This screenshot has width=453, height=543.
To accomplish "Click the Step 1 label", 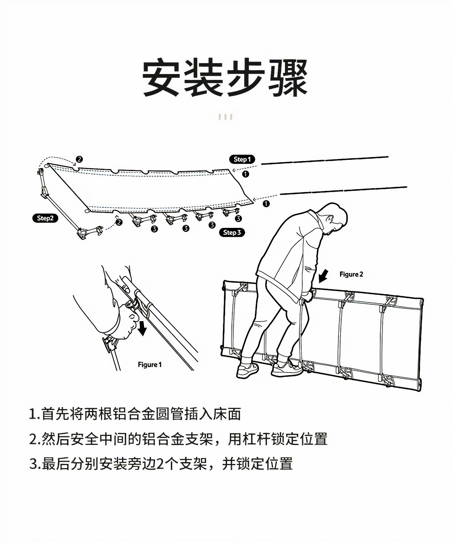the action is pos(242,159).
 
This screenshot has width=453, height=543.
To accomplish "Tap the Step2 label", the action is pos(45,218).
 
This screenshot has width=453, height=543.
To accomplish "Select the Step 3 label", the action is pos(232,232).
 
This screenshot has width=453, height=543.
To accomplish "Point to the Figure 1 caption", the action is pos(150,365).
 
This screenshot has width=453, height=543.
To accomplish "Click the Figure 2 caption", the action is pos(351,274).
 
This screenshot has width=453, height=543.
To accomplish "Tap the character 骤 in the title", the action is pos(288,77).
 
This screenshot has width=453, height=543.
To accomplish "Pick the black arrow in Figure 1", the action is pos(142,328).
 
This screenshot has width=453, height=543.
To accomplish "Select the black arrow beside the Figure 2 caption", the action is pos(323,276).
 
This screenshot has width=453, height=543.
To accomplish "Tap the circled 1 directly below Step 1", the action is pos(245,174).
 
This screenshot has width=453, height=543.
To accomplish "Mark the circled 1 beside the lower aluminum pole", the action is pos(266,204).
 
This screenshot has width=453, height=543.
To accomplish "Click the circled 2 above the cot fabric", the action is pos(79,159).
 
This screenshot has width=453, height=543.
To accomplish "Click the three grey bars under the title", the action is pos(225,117).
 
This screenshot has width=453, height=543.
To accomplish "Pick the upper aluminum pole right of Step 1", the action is pos(325,160).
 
